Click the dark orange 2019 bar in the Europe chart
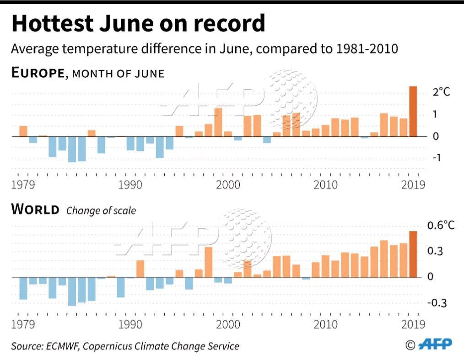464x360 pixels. (413, 111)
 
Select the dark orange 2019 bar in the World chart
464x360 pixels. (413, 254)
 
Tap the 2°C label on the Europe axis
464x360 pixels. (442, 92)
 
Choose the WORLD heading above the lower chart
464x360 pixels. (35, 210)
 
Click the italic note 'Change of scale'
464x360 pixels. (101, 211)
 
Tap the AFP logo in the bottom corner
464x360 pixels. (436, 344)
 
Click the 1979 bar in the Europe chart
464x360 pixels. (23, 131)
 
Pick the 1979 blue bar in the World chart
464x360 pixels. (23, 288)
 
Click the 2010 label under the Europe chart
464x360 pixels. (325, 185)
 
